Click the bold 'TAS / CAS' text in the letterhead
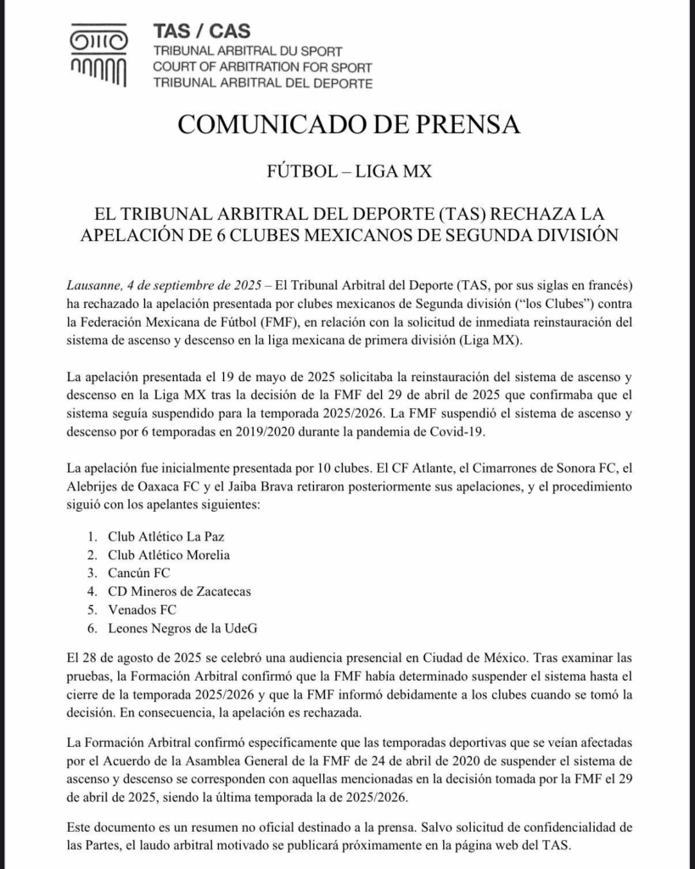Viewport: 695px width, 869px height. [x=201, y=31]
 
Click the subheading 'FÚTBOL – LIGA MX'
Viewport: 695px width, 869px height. [x=348, y=171]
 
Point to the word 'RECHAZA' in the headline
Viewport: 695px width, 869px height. [x=534, y=211]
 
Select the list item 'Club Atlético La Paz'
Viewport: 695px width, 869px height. [x=166, y=535]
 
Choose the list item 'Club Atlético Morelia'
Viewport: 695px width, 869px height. [x=169, y=554]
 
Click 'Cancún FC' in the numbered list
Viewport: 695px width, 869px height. [x=139, y=573]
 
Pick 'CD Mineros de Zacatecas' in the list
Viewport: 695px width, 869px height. [x=179, y=591]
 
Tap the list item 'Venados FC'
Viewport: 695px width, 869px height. [x=142, y=609]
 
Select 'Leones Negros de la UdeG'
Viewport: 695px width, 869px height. [x=182, y=628]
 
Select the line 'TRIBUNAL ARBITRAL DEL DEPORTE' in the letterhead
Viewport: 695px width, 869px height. [x=262, y=83]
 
